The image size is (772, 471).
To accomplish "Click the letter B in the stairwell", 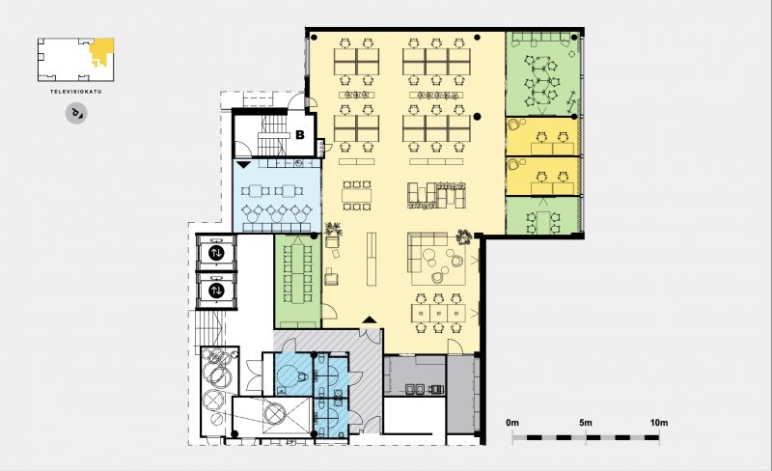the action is tap(300, 134).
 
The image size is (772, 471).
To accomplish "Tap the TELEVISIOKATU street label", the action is tap(76, 92).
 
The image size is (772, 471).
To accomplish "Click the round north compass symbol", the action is tap(76, 114).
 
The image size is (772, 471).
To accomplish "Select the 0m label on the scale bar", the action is tap(512, 423).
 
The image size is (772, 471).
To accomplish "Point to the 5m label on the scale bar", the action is tap(586, 423).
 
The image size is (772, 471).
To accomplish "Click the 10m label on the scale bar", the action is tap(659, 423).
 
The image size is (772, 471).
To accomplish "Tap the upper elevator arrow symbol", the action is tap(216, 253).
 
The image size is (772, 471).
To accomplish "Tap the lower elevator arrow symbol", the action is tap(216, 291).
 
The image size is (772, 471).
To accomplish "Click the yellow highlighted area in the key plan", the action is tap(102, 50).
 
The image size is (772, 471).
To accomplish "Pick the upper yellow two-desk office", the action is tap(541, 136).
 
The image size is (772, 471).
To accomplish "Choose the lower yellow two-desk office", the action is tap(541, 177).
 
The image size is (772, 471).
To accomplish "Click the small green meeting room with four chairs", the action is tap(542, 215).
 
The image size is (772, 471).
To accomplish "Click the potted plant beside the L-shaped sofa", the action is tap(464, 237).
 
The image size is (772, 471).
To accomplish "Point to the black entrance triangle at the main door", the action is tap(370, 319).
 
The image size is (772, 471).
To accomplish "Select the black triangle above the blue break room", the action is tap(243, 164).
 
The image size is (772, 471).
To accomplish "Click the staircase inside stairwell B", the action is tap(272, 136).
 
